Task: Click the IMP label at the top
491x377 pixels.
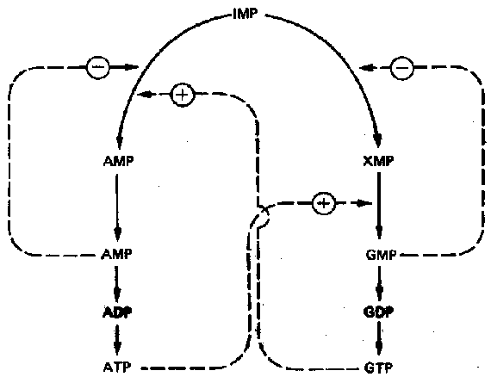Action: [x=245, y=14]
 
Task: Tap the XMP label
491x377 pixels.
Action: [x=378, y=161]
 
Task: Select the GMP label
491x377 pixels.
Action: [x=381, y=255]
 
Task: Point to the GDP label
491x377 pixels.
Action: [x=378, y=312]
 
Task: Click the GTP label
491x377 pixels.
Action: [x=378, y=368]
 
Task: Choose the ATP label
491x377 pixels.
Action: [x=117, y=367]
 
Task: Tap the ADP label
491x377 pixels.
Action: [x=117, y=312]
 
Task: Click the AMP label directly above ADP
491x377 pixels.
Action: [x=116, y=254]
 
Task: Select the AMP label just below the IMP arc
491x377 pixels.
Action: [x=118, y=161]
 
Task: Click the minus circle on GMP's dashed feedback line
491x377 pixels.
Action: [x=401, y=68]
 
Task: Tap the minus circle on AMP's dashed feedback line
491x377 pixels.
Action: [x=97, y=66]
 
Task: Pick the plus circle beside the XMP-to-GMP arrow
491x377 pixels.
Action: [x=324, y=203]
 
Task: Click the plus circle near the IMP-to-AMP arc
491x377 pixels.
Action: [x=183, y=95]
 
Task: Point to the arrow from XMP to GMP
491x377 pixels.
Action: [x=379, y=205]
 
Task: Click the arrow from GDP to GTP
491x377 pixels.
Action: [x=379, y=339]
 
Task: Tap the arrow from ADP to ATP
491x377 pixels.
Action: [x=117, y=339]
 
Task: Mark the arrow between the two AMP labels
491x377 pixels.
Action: [x=117, y=207]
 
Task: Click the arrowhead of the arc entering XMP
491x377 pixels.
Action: [x=378, y=141]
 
